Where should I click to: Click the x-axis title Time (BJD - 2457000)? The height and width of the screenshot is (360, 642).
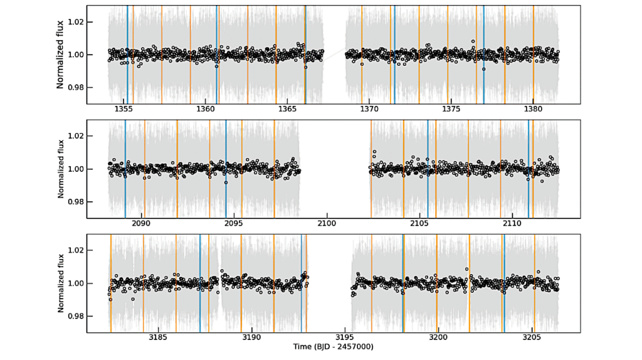click(x=333, y=347)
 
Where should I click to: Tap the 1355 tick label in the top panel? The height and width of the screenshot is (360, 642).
click(x=124, y=109)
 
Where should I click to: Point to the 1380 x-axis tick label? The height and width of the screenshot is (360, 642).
click(x=533, y=109)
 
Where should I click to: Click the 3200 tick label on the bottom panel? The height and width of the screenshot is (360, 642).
click(x=438, y=338)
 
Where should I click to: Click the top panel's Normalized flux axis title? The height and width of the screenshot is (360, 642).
click(x=61, y=55)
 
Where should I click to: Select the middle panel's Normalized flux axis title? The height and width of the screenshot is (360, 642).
click(x=61, y=169)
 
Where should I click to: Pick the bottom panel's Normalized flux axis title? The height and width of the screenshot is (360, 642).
click(x=61, y=283)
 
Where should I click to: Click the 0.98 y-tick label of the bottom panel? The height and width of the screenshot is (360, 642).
click(x=76, y=316)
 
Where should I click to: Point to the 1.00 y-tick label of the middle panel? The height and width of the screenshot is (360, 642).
click(x=76, y=169)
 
